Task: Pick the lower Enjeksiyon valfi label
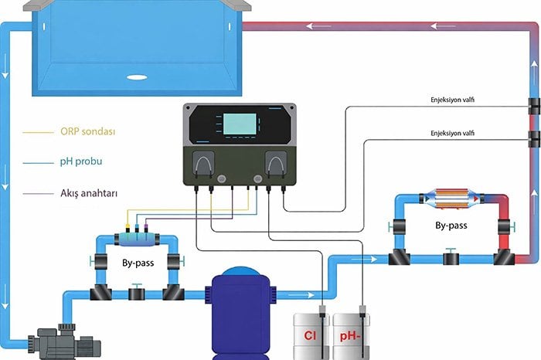pos(452,134)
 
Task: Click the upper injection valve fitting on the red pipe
pos(534,105)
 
